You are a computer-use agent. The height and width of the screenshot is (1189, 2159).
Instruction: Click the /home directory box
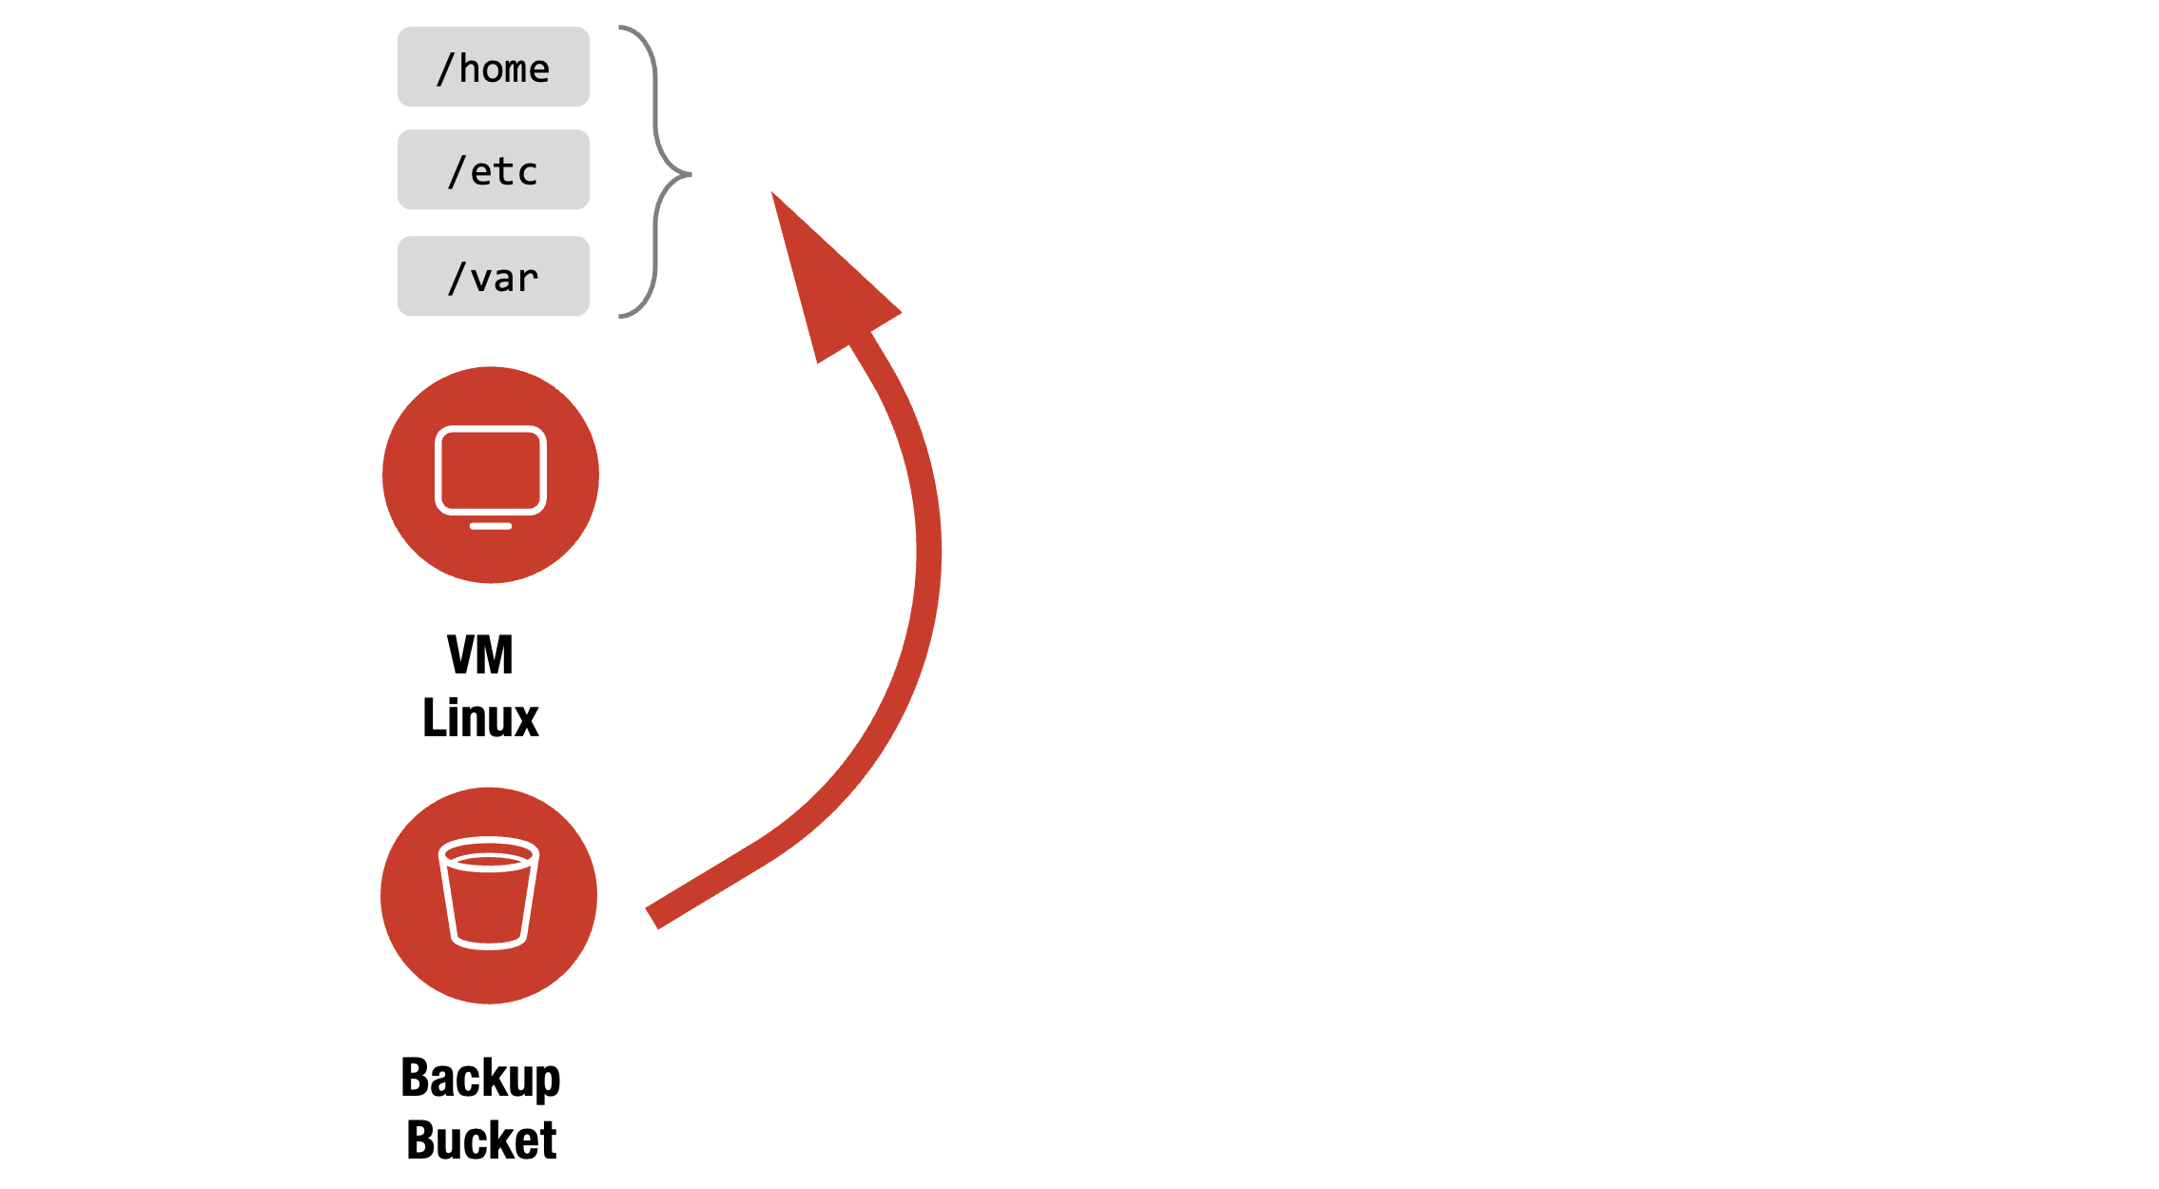tap(493, 67)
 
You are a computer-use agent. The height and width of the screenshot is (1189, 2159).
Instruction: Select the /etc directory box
tap(493, 169)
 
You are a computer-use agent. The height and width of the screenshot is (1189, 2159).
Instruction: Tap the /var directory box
tap(493, 276)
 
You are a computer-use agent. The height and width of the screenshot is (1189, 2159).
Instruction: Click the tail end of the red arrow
tap(652, 917)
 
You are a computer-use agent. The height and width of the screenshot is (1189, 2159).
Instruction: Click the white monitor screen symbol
tap(491, 471)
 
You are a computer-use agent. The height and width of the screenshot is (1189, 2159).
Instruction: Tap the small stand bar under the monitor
tap(491, 526)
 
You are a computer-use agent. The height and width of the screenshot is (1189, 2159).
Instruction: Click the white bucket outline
tap(489, 894)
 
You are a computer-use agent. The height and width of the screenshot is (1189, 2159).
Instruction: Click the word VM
tap(480, 655)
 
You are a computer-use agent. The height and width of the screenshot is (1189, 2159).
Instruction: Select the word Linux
tap(480, 718)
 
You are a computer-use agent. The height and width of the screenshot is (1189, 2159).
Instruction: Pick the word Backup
tap(480, 1078)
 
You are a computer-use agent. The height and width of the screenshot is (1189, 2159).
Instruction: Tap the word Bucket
tap(480, 1140)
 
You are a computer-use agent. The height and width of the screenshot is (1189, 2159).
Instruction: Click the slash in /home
tap(445, 68)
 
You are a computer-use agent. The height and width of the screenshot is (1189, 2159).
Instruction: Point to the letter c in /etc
tap(528, 172)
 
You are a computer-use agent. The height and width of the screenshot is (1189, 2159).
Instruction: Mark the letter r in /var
tap(528, 279)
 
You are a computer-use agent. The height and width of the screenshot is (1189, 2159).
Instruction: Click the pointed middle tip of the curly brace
tap(689, 174)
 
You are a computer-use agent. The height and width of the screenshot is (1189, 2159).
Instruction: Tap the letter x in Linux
tap(526, 720)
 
